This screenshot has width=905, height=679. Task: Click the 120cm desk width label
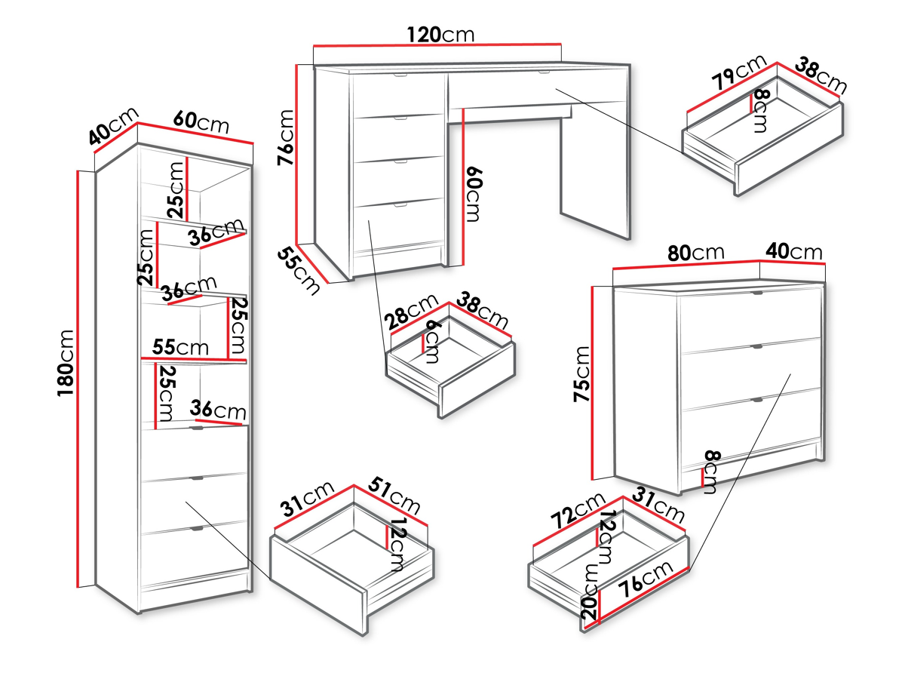click(440, 35)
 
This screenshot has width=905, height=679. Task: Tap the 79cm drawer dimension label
click(738, 72)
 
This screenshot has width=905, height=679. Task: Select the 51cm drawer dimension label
click(395, 498)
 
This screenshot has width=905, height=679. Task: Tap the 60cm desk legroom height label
click(473, 194)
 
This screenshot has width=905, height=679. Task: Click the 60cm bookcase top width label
click(201, 121)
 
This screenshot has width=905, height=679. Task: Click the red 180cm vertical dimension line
click(78, 377)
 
